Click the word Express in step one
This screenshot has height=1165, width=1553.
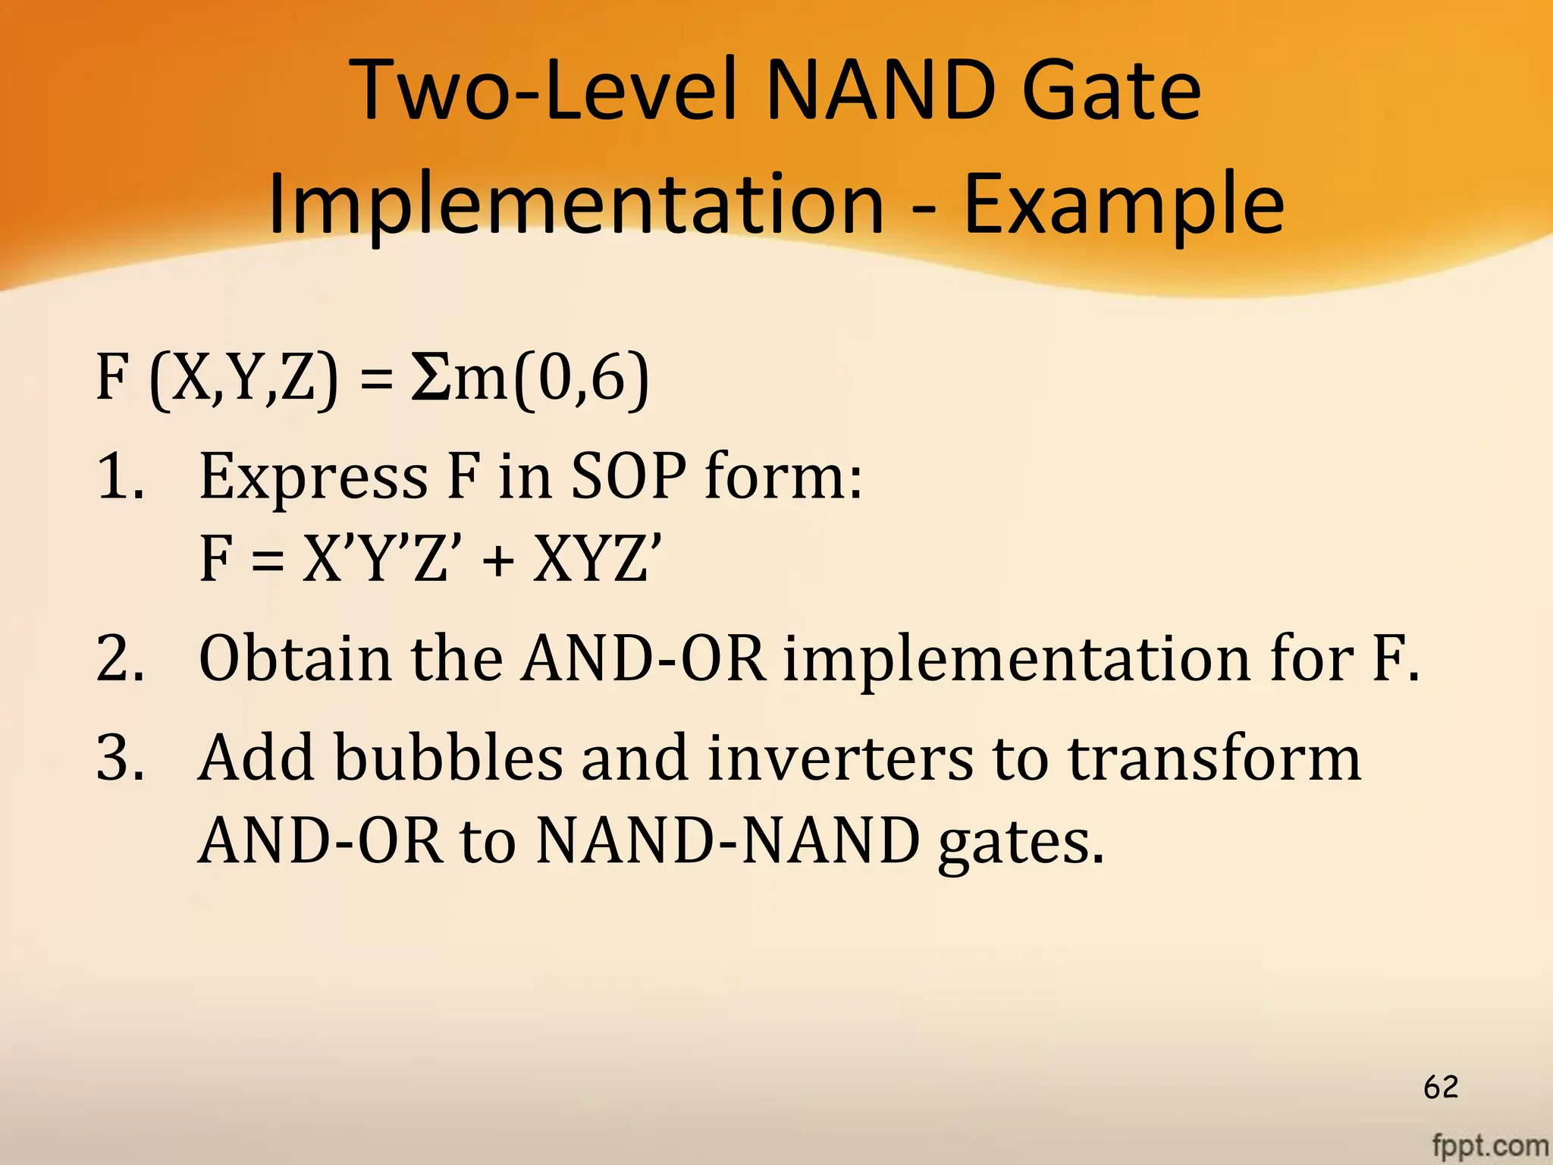pos(313,478)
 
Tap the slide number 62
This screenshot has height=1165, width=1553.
pos(1441,1087)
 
